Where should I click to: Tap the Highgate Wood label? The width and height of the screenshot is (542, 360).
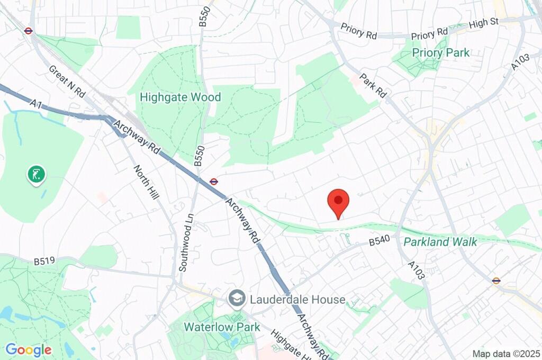point(180,97)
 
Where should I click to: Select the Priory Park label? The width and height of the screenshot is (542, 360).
point(441,52)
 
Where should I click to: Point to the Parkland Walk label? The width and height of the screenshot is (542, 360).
point(440,242)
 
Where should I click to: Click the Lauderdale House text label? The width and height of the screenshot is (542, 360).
point(297,300)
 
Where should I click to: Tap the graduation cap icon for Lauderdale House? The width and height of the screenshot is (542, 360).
point(236,299)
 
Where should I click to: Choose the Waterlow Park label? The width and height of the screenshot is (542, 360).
point(222,327)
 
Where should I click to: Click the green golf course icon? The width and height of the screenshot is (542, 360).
point(37,174)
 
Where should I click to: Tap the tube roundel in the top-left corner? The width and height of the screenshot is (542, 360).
point(29,31)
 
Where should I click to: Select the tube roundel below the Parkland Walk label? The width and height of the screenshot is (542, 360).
point(496,281)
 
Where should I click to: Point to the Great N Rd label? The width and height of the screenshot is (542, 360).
point(67,80)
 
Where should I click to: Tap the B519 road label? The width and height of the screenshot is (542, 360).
point(45,261)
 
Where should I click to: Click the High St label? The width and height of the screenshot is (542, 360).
point(484,22)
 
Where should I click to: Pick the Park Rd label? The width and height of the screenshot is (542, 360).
point(373,85)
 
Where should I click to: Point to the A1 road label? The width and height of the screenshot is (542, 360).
point(36,104)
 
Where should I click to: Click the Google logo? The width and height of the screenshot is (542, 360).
point(28,349)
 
